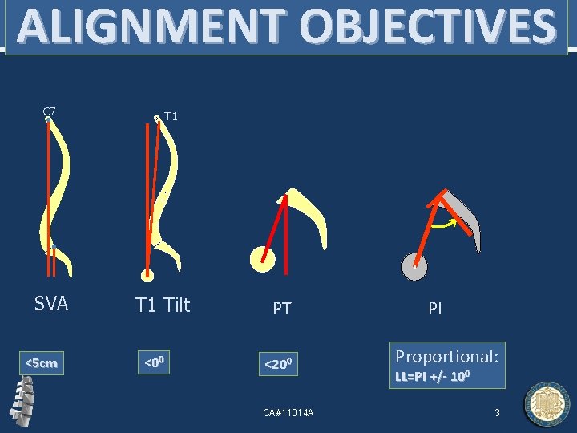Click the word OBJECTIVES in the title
418,27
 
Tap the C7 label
49,111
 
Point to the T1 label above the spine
170,116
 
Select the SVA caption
51,304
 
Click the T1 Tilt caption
163,305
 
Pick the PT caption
282,308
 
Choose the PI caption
435,308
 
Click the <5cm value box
41,363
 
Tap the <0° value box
154,363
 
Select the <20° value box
282,366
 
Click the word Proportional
447,355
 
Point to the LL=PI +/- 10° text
433,376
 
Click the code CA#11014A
288,412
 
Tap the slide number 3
497,412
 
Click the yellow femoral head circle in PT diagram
262,258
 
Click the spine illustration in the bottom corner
23,400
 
